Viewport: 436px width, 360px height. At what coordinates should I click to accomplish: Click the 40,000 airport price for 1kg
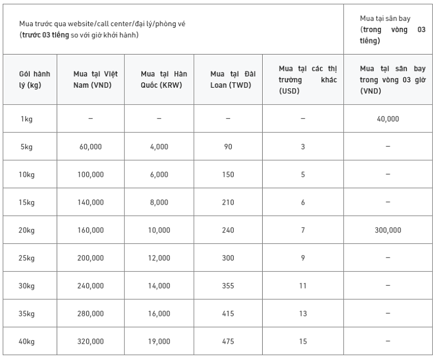[387, 119]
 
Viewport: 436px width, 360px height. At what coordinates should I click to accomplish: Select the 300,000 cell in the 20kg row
[387, 230]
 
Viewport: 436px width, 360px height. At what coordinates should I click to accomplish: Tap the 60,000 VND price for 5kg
[90, 147]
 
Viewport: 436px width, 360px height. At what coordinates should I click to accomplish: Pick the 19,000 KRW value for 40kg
[159, 341]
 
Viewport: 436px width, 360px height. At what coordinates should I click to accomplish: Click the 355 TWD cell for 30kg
[228, 286]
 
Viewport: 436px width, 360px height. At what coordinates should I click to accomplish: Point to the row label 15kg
[27, 202]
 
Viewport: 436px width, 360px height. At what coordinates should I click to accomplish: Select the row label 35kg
[27, 314]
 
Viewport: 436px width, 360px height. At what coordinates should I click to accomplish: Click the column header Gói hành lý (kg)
[34, 79]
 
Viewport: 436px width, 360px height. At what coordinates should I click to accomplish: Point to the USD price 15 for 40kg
[303, 341]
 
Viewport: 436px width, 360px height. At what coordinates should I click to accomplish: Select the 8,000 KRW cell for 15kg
[159, 202]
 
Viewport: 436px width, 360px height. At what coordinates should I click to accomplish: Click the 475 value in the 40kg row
[228, 341]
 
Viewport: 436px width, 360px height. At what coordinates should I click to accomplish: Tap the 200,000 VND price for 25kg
[90, 258]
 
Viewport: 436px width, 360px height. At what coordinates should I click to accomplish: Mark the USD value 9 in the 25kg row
[303, 258]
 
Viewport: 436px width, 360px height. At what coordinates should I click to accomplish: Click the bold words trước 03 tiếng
[45, 35]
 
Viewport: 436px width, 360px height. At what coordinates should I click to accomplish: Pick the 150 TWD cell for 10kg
[228, 175]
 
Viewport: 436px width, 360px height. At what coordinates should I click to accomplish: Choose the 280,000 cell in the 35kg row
[90, 314]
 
